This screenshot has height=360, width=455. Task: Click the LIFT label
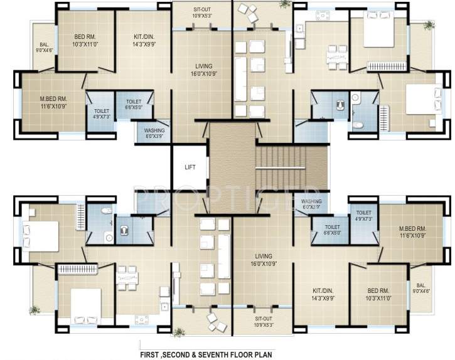coord(190,167)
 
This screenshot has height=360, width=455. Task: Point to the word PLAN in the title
coord(262,354)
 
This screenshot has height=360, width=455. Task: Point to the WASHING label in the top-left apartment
coord(154,133)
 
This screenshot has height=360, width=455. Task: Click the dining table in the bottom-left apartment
coord(127,278)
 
